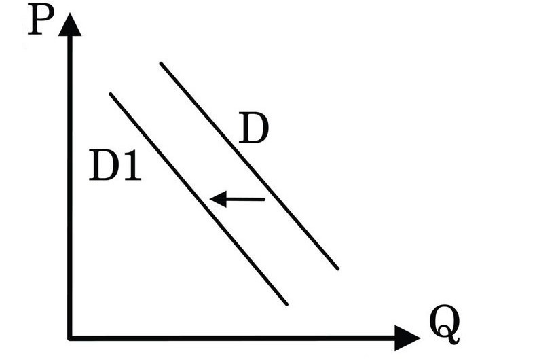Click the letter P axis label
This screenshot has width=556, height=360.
point(41,20)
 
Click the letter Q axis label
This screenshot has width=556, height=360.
point(445,324)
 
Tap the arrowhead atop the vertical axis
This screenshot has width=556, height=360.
point(70,24)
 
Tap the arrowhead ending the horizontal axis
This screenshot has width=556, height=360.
point(407,338)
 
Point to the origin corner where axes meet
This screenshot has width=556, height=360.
point(70,338)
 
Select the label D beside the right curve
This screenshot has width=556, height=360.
point(253,128)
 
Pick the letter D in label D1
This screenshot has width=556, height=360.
point(104,165)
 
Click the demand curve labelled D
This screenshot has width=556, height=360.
point(249,166)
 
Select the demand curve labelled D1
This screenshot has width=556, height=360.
point(198,199)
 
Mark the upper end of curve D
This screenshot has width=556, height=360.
point(161,64)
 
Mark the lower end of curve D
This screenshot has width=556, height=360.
point(337,268)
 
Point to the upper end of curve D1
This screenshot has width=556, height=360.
point(111,94)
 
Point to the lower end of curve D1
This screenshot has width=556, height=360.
point(286,304)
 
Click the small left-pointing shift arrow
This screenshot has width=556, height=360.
point(237,199)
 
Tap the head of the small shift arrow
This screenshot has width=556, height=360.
point(217,199)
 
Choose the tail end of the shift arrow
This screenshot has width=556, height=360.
point(264,200)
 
